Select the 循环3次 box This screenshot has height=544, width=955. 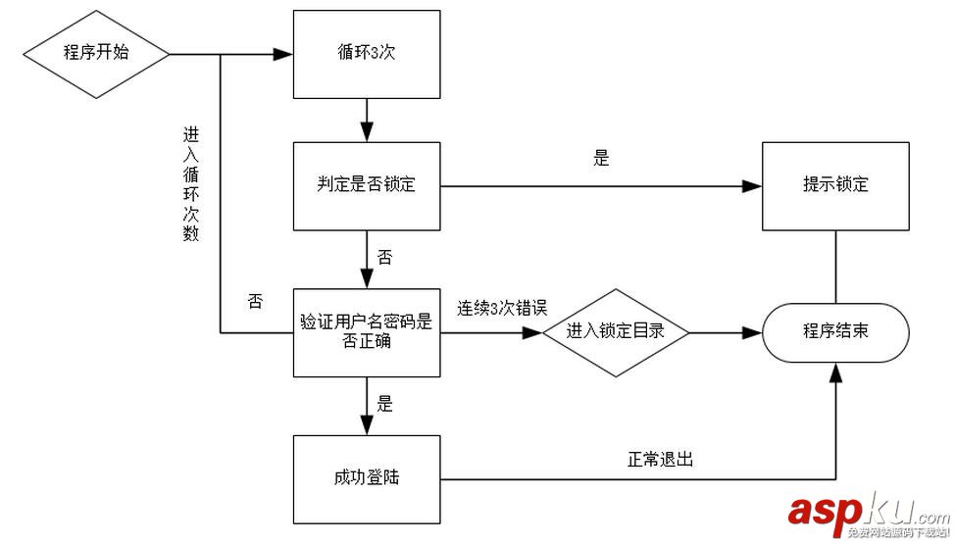point(366,53)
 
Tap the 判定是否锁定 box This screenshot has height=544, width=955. point(366,185)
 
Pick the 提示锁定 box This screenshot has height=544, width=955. point(835,185)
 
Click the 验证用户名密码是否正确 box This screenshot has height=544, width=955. point(366,331)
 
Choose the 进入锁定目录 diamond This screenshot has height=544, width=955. point(616,331)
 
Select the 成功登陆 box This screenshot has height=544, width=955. point(366,478)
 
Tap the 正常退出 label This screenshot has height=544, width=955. point(661,458)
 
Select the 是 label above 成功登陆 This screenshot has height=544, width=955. point(385,403)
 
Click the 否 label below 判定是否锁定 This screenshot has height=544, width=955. point(385,258)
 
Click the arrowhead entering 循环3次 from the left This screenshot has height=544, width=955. point(287,53)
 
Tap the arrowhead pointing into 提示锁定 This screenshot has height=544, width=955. point(756,185)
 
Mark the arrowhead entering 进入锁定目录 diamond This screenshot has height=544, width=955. point(534,332)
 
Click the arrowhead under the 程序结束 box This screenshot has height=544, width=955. point(835,370)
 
